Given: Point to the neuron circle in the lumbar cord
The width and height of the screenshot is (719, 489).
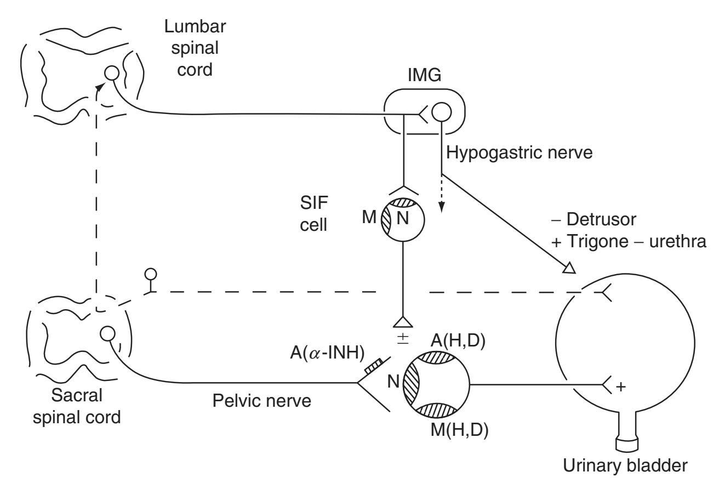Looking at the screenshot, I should click(113, 72).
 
